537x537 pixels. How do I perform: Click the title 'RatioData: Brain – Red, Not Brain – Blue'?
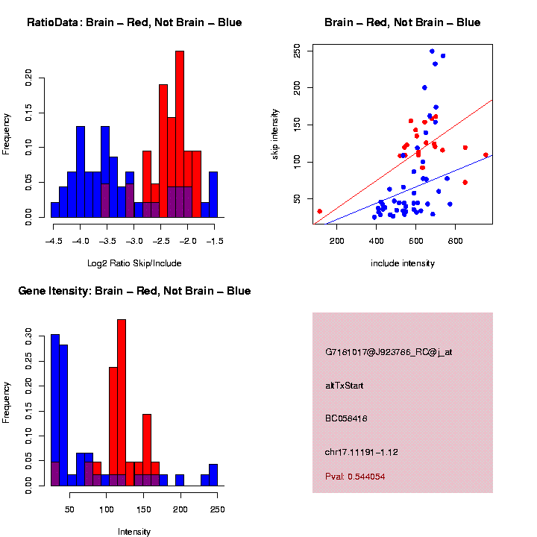click(134, 22)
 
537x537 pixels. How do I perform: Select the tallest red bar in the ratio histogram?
click(180, 134)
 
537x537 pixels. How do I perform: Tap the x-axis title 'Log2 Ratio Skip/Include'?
click(134, 263)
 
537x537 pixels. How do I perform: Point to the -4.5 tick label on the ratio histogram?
click(54, 241)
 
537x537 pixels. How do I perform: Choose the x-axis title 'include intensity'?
click(403, 263)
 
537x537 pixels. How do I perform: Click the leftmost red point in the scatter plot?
click(320, 212)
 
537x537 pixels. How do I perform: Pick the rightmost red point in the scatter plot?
click(486, 155)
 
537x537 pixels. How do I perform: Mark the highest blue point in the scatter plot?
click(432, 51)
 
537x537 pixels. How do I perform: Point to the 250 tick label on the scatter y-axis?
click(297, 51)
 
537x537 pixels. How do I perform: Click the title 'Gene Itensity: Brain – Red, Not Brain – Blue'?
click(134, 291)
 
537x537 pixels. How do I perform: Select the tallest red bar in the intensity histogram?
click(122, 403)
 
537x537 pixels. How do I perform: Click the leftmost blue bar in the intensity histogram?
click(55, 410)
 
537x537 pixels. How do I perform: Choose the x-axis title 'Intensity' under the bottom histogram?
click(134, 531)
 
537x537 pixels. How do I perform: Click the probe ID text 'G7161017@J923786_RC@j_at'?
click(389, 352)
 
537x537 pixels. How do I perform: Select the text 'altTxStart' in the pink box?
click(345, 386)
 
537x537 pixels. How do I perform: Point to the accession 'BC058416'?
click(346, 418)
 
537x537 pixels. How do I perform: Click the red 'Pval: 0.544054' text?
click(355, 476)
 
